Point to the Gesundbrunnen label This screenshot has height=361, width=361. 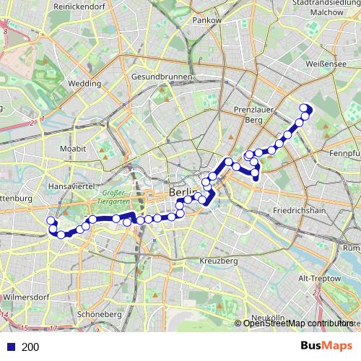click(x=162, y=77)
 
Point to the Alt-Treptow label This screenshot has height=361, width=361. click(x=323, y=278)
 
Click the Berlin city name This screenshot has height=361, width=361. click(x=183, y=193)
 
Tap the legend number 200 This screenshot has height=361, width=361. click(x=31, y=347)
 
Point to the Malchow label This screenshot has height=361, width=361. click(x=326, y=12)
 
